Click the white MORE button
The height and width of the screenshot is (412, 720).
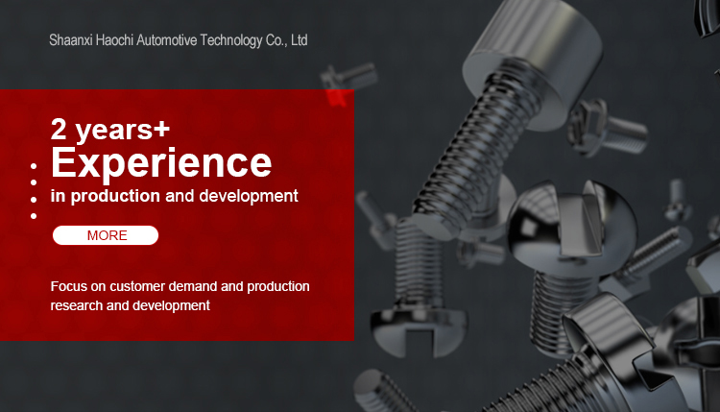coord(106,235)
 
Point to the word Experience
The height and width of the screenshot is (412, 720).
coord(161,163)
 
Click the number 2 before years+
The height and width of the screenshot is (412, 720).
coord(59,129)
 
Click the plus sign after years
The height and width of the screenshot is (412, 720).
coord(161,129)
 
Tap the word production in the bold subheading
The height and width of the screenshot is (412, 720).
coord(115,196)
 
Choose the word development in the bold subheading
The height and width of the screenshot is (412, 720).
coord(249,196)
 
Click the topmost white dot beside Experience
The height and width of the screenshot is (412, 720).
coord(34,166)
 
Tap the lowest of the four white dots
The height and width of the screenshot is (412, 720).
coord(34,216)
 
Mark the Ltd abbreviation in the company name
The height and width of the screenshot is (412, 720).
coord(299,40)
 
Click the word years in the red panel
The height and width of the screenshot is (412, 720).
coord(113,130)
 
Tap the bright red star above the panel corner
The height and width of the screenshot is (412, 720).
coord(338,97)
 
